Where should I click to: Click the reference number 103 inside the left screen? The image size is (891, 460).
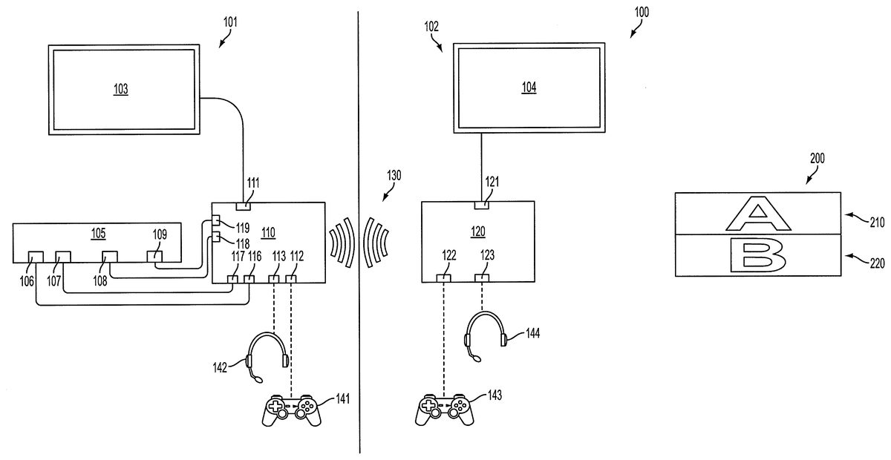121,88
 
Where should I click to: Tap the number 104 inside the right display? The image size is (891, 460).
529,87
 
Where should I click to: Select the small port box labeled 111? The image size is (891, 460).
243,206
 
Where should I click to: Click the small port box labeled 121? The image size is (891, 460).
482,205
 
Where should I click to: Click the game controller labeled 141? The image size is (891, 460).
292,410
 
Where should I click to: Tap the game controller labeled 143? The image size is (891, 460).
444,410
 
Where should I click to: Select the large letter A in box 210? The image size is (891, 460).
758,214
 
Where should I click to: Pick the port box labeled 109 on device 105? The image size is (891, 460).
154,256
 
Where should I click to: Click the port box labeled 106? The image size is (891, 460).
36,257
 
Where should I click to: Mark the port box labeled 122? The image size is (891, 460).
443,278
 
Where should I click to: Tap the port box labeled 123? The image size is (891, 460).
482,278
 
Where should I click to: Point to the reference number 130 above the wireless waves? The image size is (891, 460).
394,175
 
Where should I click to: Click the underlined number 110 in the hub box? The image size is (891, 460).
269,232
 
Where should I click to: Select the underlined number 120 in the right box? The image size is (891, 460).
477,231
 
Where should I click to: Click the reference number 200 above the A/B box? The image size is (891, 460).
817,158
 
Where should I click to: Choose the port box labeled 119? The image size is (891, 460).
216,220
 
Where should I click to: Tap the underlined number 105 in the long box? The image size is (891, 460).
98,233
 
